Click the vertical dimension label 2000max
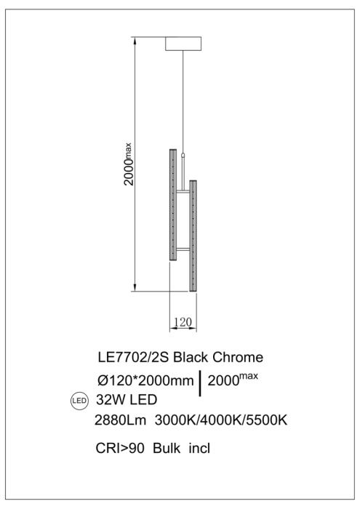[129, 164]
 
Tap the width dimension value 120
[182, 321]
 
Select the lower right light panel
[193, 235]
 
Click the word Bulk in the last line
[167, 448]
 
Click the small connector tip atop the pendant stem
[183, 155]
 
